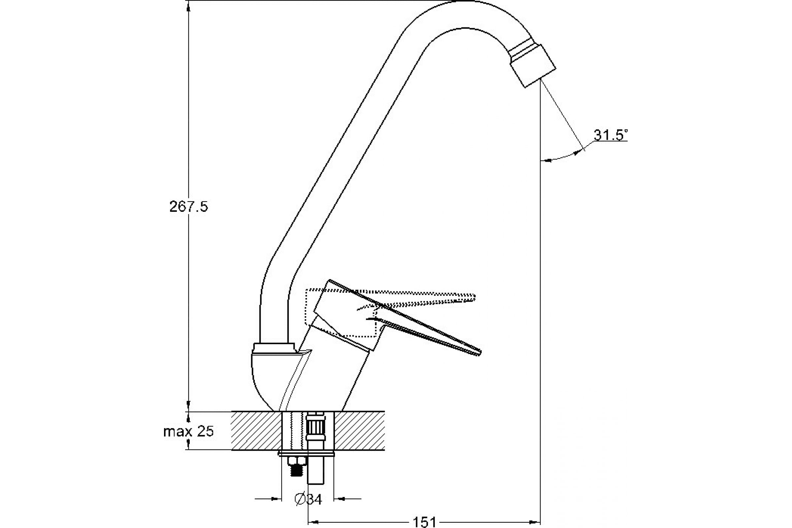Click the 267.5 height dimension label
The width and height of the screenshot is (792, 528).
pyautogui.click(x=188, y=207)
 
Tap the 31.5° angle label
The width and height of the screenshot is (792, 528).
pyautogui.click(x=610, y=135)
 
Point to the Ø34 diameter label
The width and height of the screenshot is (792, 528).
pyautogui.click(x=308, y=499)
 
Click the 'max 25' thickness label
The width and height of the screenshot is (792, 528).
pyautogui.click(x=188, y=431)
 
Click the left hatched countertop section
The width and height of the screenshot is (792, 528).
pyautogui.click(x=256, y=431)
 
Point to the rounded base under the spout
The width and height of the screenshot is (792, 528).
pyautogui.click(x=266, y=377)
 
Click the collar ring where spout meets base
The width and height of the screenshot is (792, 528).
pyautogui.click(x=274, y=347)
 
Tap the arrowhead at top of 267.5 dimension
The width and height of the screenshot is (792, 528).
pyautogui.click(x=188, y=7)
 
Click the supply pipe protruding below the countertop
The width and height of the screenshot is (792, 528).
pyautogui.click(x=316, y=472)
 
